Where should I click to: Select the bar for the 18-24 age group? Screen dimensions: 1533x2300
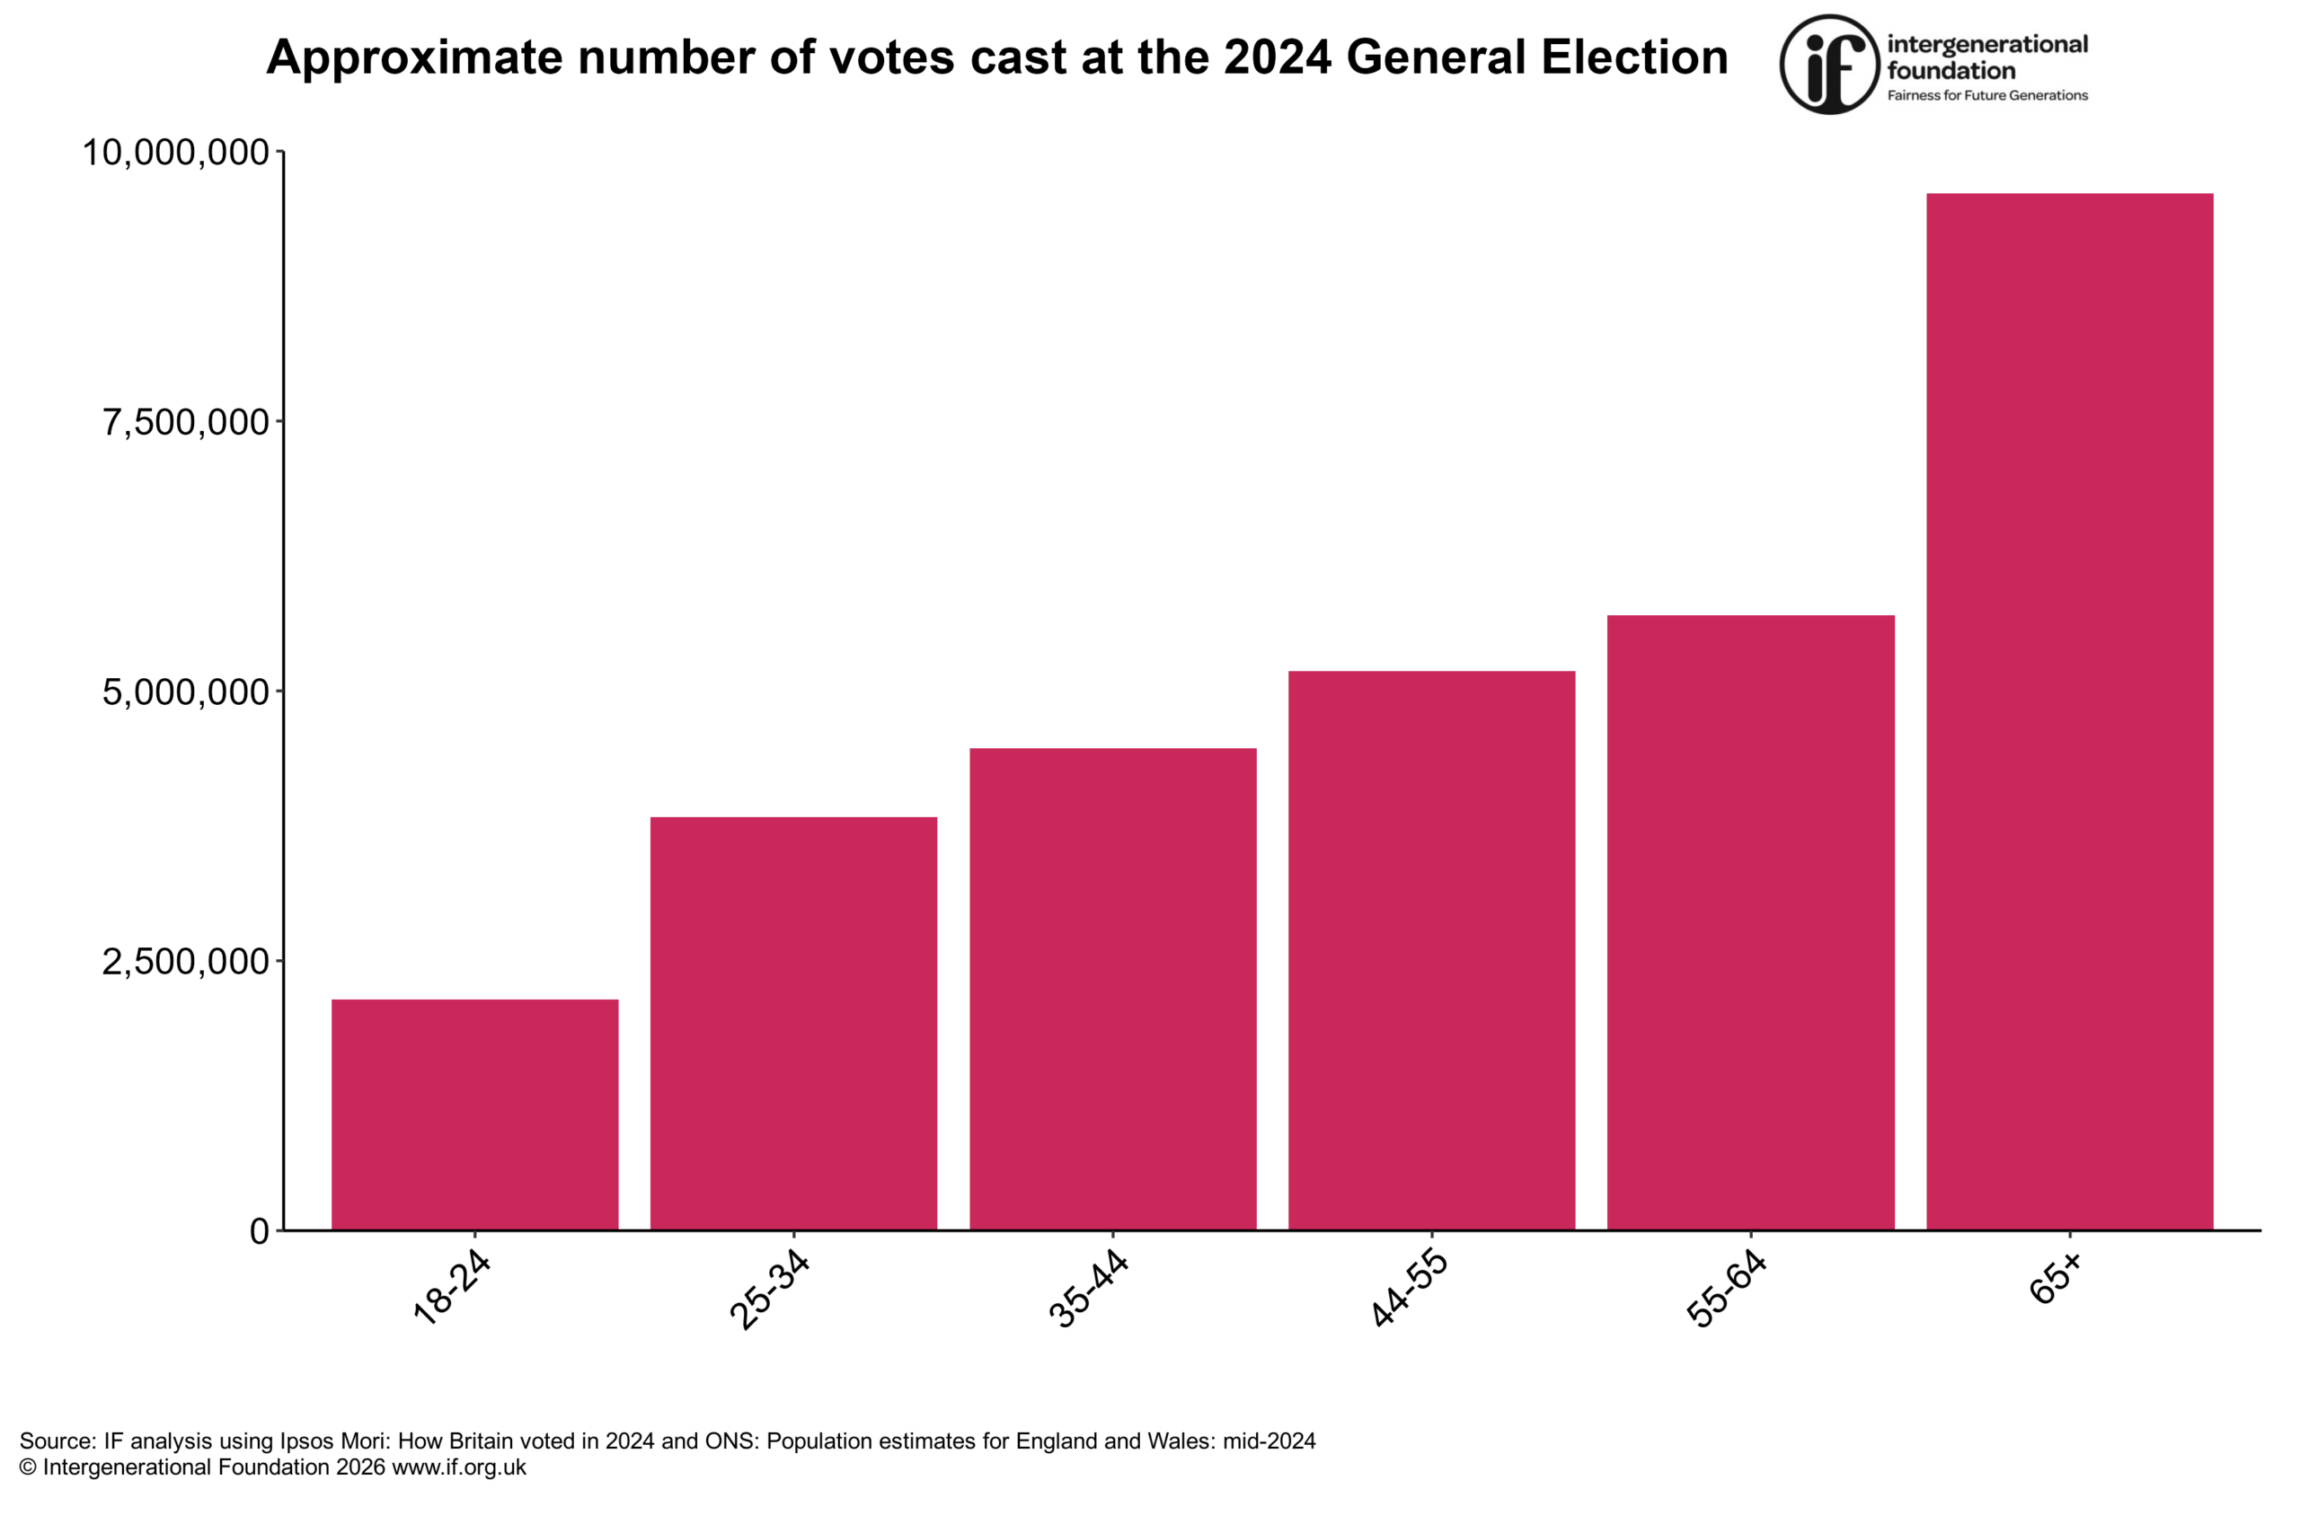[x=474, y=1114]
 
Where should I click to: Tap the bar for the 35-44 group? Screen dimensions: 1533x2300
[x=1113, y=989]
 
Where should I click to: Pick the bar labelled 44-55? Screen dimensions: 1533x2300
[x=1431, y=949]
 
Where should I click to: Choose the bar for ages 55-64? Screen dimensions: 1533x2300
[x=1750, y=922]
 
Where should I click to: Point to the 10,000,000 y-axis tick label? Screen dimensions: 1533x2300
[x=175, y=153]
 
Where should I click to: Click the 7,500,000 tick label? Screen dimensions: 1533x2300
[x=185, y=422]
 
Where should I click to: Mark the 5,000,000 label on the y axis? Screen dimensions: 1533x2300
[x=185, y=692]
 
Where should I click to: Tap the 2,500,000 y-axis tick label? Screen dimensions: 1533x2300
[x=185, y=961]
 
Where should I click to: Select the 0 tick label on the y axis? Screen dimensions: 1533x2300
[x=259, y=1231]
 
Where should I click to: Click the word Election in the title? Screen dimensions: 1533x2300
[x=1634, y=57]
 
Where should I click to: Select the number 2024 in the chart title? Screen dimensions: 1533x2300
[x=1276, y=57]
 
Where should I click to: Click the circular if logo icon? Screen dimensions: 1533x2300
[x=1828, y=65]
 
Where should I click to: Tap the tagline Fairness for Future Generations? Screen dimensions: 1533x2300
[x=1987, y=96]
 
